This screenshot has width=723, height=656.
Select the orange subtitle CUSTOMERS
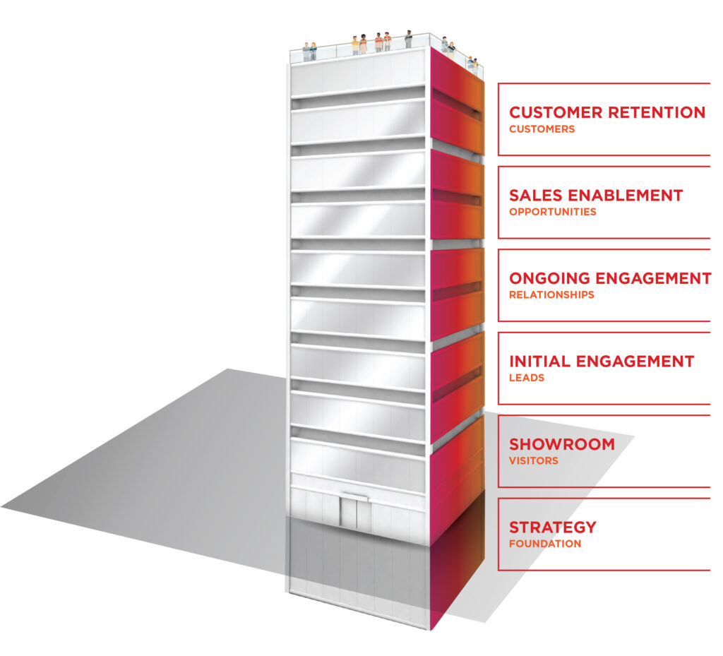click(x=542, y=129)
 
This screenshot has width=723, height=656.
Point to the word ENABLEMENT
click(x=628, y=195)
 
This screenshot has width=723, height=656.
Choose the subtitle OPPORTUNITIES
click(x=552, y=212)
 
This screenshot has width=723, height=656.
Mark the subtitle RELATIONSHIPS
click(x=551, y=295)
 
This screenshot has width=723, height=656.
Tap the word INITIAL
click(x=540, y=362)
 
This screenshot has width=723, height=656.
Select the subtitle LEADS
click(x=527, y=378)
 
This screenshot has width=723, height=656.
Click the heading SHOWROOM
click(x=561, y=444)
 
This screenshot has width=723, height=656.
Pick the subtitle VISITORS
click(x=533, y=461)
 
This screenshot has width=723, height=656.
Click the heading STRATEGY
click(x=552, y=527)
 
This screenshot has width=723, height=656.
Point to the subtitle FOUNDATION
click(x=545, y=544)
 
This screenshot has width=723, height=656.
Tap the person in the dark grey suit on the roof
click(x=408, y=40)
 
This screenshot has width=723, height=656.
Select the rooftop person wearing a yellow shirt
click(x=355, y=46)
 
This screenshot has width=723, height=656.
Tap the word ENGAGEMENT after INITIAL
click(x=635, y=362)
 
